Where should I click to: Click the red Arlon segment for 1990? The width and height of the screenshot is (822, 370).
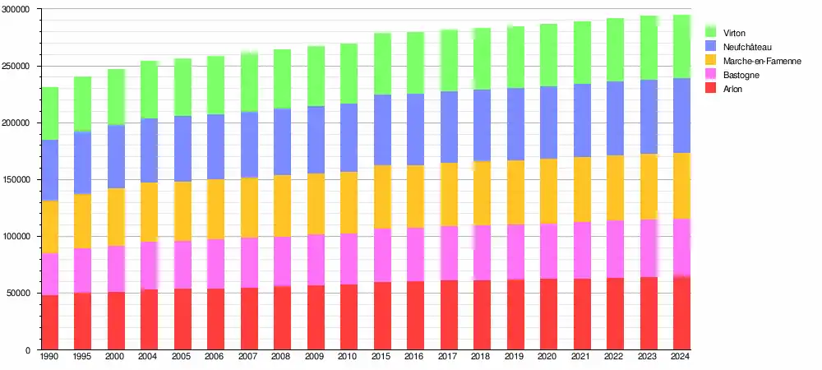[x=49, y=322]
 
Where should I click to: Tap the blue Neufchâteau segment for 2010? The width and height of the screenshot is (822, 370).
[x=349, y=137]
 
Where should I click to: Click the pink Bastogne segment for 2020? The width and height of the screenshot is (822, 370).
[x=548, y=251]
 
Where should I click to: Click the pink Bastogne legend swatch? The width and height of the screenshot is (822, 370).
[x=711, y=74]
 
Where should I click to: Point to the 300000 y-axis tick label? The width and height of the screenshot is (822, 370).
[x=16, y=9]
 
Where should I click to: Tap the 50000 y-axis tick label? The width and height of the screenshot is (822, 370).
[x=18, y=293]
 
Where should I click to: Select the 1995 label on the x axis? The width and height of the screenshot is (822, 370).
[x=82, y=358]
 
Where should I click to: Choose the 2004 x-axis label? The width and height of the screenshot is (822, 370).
[x=149, y=358]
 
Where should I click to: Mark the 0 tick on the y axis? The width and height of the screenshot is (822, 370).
[x=28, y=349]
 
